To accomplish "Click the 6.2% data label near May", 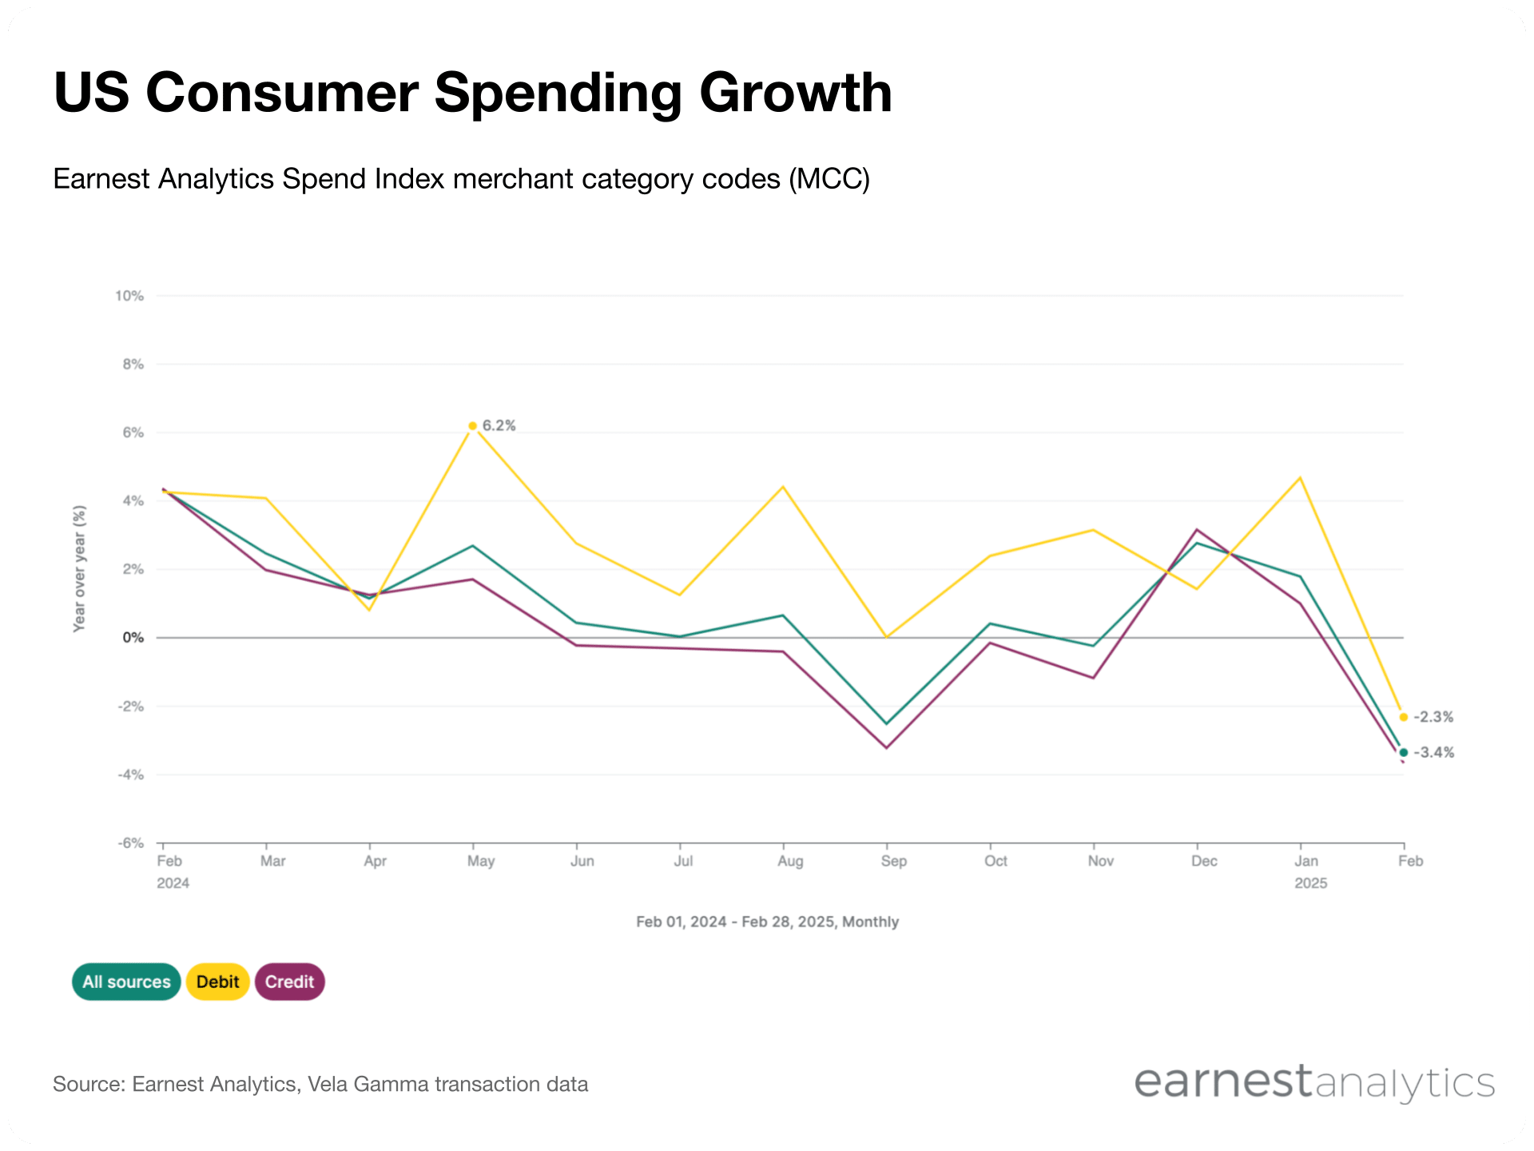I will pos(499,425).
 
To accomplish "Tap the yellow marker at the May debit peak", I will pos(473,426).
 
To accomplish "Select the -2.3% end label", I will pos(1433,717).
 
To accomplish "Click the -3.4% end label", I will pos(1434,752).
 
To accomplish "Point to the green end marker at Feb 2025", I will pos(1404,752).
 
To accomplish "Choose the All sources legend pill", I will pos(126,982).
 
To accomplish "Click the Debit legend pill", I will pos(217,982).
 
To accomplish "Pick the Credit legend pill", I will pos(289,982).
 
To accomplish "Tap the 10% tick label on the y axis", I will pos(129,296).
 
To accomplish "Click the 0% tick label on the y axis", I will pos(133,638).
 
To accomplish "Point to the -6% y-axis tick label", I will pos(131,843).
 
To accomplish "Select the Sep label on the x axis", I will pos(893,861).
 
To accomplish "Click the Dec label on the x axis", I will pos(1204,861).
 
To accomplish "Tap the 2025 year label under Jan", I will pos(1310,883).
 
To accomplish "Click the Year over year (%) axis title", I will pos(79,568).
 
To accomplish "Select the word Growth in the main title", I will pos(795,93).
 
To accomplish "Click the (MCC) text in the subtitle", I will pos(829,179).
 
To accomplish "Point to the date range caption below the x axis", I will pos(767,922).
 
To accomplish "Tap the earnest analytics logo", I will pos(1314,1083).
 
